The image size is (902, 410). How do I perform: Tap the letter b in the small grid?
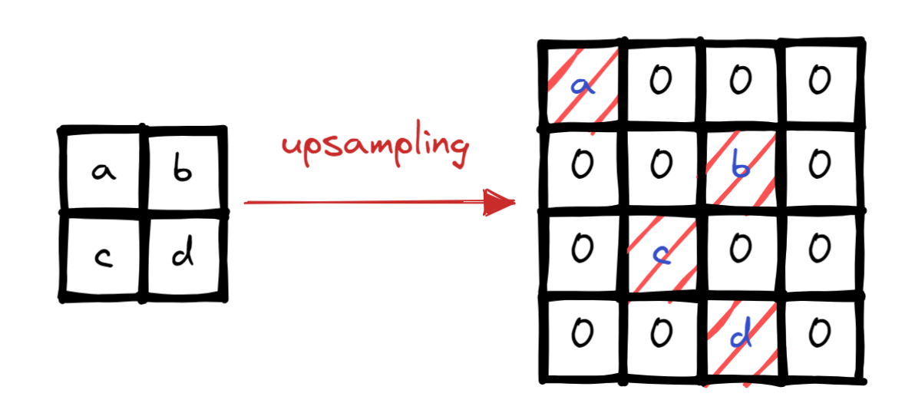click(181, 171)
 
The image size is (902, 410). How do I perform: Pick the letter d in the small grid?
click(183, 255)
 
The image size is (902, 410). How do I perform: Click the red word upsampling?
click(375, 148)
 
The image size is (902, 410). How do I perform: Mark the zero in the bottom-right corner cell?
click(819, 332)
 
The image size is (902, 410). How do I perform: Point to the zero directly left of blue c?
click(581, 248)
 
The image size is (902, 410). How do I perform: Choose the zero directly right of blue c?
click(740, 248)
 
